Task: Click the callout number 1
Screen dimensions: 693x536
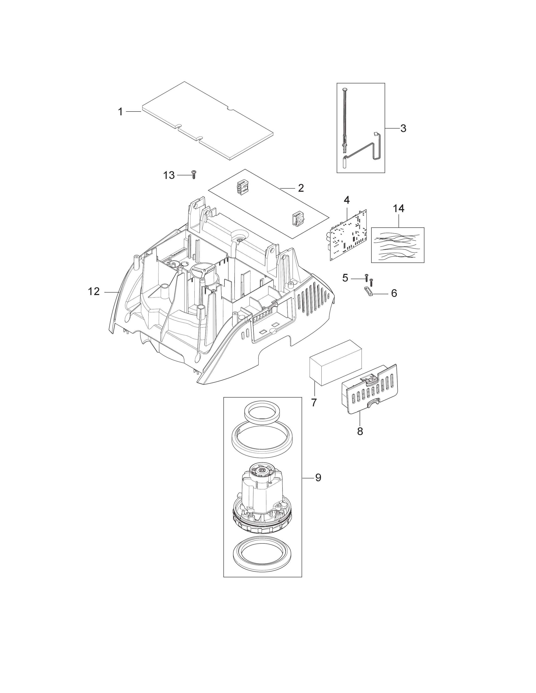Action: [x=120, y=112]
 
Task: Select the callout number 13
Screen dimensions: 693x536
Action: [x=169, y=175]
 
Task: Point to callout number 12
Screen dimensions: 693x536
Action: [x=94, y=291]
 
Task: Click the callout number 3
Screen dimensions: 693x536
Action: [x=403, y=129]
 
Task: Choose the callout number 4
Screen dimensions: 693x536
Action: [x=347, y=200]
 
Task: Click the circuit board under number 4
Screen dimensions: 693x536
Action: [x=348, y=235]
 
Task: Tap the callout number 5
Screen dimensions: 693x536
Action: [x=345, y=278]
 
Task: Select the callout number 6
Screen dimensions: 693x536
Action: [x=394, y=293]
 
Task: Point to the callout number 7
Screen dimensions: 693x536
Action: [x=314, y=402]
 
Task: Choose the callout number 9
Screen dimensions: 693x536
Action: [x=318, y=486]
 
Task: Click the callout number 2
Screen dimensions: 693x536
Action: [x=301, y=188]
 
